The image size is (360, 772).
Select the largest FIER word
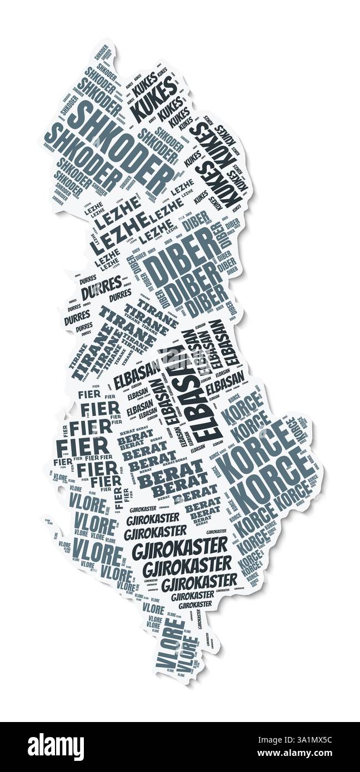[x=82, y=448]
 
